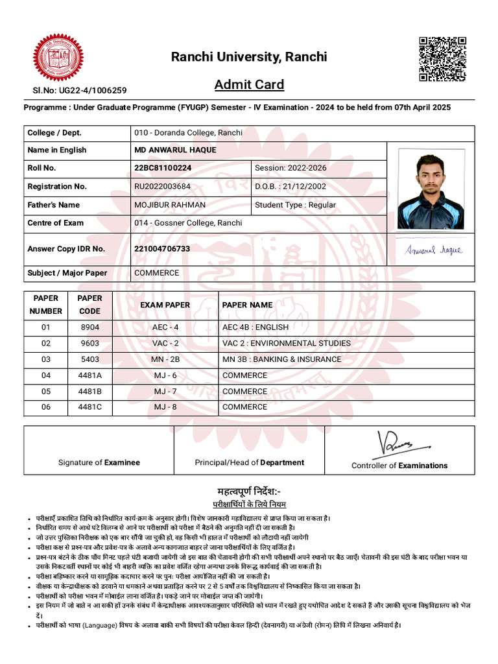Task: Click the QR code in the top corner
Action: tap(442, 59)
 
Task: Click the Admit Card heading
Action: tap(249, 85)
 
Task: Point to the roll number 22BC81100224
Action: tap(163, 168)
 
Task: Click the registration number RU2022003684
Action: tap(162, 187)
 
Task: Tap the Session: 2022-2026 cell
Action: tap(290, 168)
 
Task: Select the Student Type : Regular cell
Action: tap(295, 205)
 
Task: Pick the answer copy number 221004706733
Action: tap(162, 249)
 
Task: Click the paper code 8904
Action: tap(90, 327)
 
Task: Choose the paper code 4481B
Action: tap(90, 392)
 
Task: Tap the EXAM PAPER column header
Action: tap(165, 305)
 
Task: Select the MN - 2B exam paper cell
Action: tap(165, 359)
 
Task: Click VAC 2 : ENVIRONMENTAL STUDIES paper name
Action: tap(286, 343)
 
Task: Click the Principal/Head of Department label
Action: tap(249, 463)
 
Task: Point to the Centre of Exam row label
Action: tap(55, 223)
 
